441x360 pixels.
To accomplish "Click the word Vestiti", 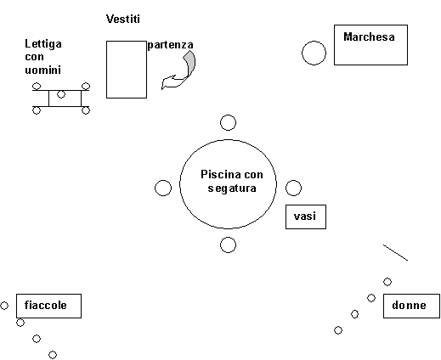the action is [x=123, y=19].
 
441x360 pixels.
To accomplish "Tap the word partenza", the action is [x=171, y=45].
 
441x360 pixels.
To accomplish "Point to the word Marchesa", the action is [x=369, y=37].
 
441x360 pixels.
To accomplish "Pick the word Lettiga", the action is [x=43, y=44].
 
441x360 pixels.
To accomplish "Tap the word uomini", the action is [x=42, y=70].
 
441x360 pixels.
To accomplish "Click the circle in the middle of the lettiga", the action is [x=61, y=94].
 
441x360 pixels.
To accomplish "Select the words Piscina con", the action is [x=232, y=174].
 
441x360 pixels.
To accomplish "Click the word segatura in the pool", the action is [x=232, y=188].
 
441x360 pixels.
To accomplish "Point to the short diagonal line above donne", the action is [x=395, y=252].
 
